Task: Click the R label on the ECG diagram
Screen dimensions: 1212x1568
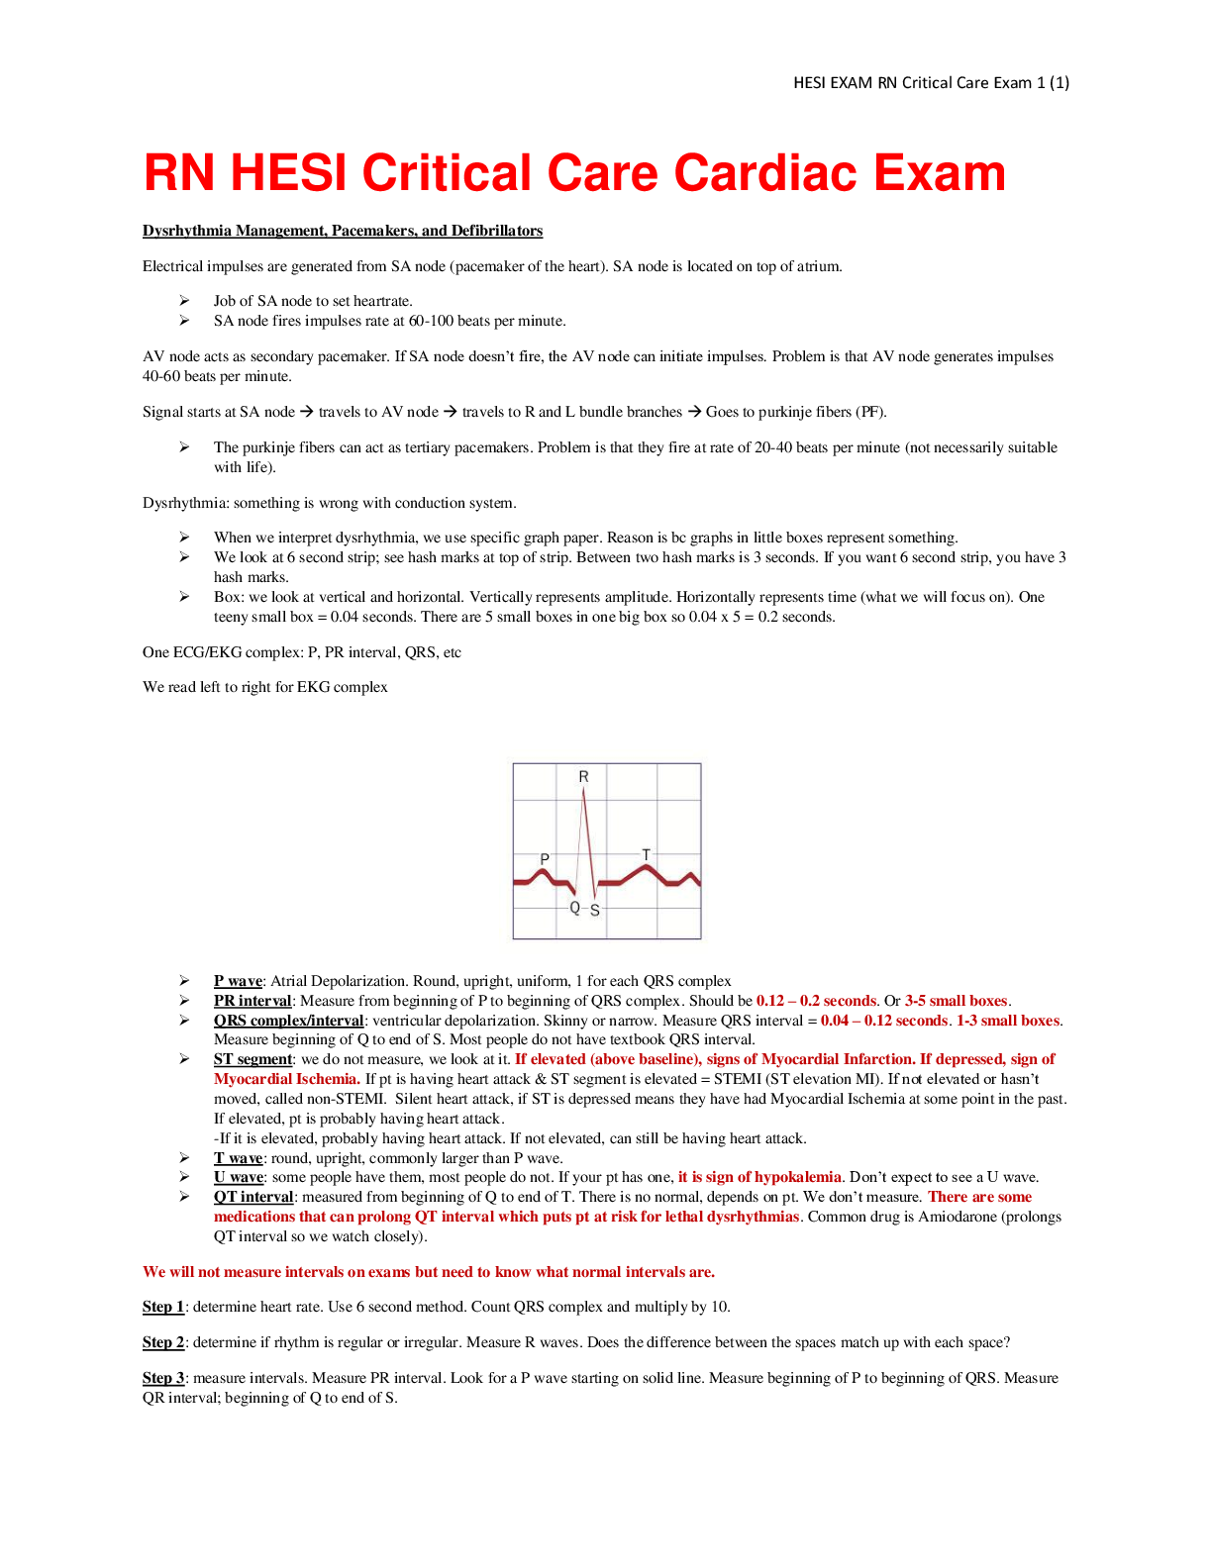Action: click(x=583, y=776)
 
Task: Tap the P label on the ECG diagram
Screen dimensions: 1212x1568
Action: click(x=545, y=858)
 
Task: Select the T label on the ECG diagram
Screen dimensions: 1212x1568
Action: click(x=646, y=854)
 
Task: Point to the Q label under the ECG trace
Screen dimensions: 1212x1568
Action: click(x=574, y=908)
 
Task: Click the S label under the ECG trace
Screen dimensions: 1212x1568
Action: click(x=595, y=911)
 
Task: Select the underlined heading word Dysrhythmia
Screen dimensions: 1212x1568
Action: click(x=187, y=231)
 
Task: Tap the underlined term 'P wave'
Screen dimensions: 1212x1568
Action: click(x=238, y=981)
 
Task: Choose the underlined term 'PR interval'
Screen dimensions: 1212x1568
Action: click(x=252, y=1000)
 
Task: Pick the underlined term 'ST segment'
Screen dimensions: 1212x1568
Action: click(x=252, y=1058)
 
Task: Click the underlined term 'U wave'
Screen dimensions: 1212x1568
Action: click(x=239, y=1177)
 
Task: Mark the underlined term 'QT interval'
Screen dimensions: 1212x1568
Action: click(x=253, y=1197)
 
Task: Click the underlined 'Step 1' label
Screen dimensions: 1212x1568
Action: click(x=163, y=1307)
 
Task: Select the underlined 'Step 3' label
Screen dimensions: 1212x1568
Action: click(x=163, y=1378)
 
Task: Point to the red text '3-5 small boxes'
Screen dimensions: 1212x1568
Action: click(x=956, y=1000)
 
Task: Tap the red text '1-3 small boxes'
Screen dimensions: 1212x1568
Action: click(x=1008, y=1021)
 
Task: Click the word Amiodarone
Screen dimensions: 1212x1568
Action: click(x=958, y=1217)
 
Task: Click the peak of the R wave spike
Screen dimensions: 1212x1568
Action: click(x=583, y=789)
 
